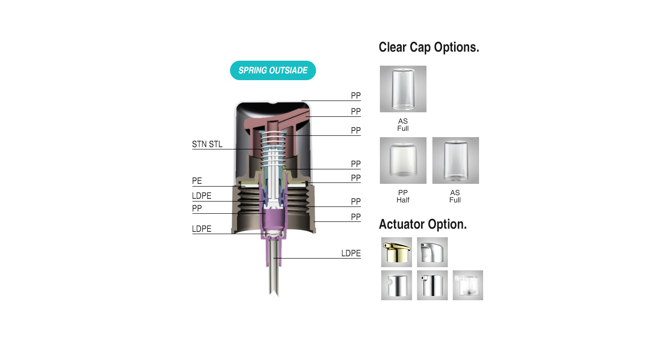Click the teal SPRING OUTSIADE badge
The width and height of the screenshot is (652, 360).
tap(273, 71)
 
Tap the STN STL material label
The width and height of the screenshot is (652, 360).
tap(207, 144)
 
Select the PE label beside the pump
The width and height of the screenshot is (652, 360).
tap(197, 181)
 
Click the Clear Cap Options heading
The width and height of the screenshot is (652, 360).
tap(429, 48)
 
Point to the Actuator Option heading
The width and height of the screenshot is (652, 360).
tap(422, 224)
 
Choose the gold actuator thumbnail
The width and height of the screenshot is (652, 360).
tap(397, 252)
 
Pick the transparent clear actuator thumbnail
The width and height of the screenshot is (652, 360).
tap(468, 285)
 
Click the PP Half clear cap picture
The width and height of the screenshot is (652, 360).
tap(403, 160)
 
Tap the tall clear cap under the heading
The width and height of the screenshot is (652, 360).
tap(403, 89)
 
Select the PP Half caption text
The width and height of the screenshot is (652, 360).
tap(403, 196)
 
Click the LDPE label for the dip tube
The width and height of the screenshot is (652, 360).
tap(351, 253)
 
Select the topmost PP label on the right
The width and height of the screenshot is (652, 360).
tap(356, 96)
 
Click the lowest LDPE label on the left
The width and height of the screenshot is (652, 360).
tap(201, 229)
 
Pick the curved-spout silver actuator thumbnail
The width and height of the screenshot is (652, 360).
tap(432, 252)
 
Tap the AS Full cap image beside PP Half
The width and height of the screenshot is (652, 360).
tap(455, 160)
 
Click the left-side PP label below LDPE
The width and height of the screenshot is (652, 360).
tap(197, 208)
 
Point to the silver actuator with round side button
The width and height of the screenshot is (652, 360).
tap(397, 285)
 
